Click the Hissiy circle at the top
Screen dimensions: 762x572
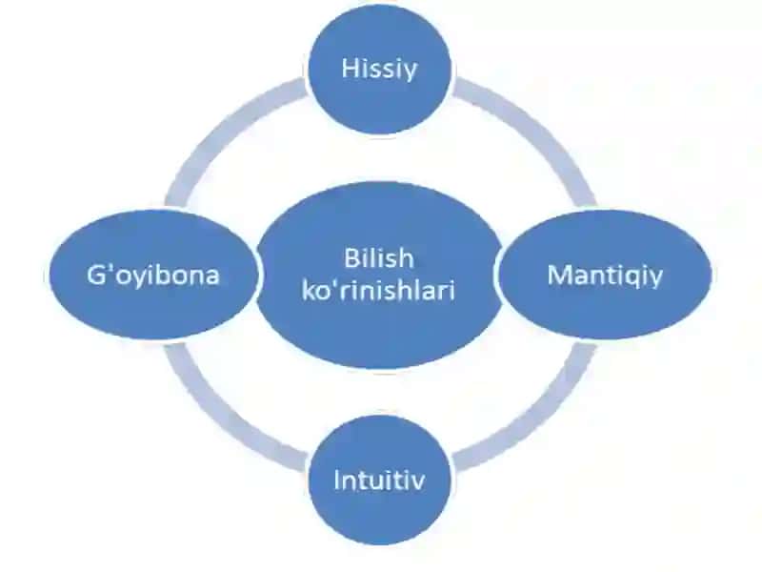pos(380,69)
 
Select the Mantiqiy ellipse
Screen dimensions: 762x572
pos(605,275)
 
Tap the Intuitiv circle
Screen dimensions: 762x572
pos(380,480)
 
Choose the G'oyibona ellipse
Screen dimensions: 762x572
pos(152,275)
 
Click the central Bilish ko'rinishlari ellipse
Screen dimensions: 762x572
pos(379,276)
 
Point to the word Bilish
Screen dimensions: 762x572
pos(379,257)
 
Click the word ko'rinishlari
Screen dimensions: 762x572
pos(378,291)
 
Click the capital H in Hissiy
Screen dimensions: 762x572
pos(350,68)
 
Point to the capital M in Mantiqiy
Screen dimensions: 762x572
pos(559,275)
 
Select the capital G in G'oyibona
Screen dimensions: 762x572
pos(96,275)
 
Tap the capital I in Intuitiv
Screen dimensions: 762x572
pos(337,480)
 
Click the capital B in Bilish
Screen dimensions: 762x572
pos(351,257)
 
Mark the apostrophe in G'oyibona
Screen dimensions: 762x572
pos(110,267)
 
